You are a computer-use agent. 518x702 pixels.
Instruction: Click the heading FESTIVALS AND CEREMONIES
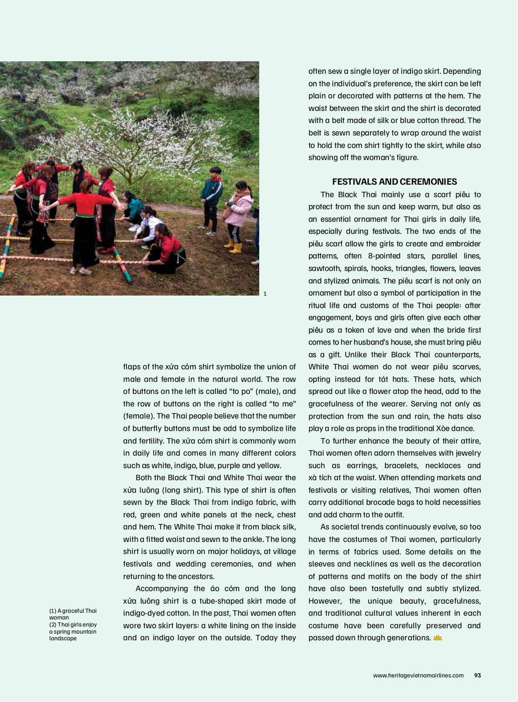[x=394, y=182]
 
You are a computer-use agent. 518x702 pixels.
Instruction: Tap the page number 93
[x=478, y=675]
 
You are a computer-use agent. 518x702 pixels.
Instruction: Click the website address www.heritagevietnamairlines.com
[x=418, y=675]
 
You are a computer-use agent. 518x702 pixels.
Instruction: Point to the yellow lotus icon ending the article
[x=437, y=638]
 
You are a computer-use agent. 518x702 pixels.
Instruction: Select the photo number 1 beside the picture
[x=265, y=293]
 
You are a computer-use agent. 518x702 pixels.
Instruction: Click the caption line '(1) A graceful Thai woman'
[x=73, y=614]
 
